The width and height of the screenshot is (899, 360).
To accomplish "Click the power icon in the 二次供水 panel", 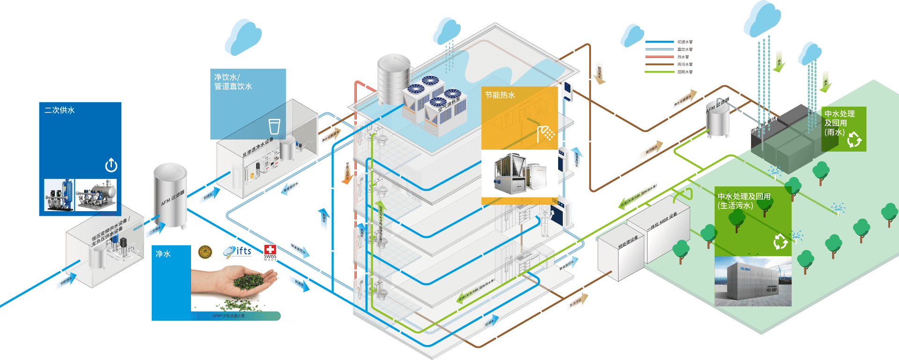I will (111, 165).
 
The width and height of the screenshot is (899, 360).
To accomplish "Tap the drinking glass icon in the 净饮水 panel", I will (274, 126).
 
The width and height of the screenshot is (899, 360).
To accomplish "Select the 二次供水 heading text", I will (59, 110).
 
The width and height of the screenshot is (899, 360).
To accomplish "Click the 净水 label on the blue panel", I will (163, 254).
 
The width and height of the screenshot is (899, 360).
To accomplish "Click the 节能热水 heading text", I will (500, 95).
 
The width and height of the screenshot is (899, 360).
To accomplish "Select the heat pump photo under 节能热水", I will (519, 174).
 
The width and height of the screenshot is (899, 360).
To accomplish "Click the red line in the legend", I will (659, 57).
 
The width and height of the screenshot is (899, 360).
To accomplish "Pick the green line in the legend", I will (659, 72).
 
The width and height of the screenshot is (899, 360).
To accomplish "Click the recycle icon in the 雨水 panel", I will (854, 139).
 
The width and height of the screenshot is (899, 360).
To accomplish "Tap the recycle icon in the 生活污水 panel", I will (780, 242).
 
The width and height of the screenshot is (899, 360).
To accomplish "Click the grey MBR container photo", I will (752, 281).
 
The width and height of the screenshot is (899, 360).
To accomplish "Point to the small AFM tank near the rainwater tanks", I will (718, 119).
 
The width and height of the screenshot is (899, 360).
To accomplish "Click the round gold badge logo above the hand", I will (205, 252).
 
